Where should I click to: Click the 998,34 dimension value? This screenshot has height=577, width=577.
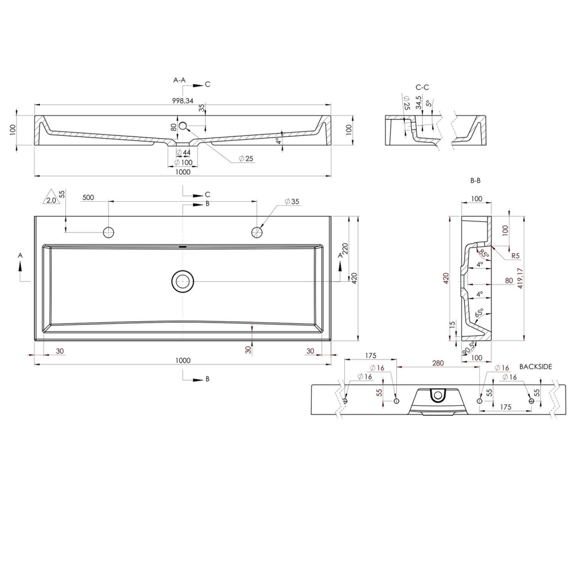183,100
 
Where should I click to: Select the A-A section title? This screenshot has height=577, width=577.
179,81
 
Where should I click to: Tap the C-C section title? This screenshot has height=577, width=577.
422,87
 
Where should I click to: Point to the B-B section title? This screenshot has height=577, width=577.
475,181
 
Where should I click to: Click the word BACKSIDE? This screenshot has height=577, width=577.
536,366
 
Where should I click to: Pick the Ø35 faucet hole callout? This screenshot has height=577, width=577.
291,201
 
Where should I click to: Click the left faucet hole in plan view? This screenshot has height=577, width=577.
109,232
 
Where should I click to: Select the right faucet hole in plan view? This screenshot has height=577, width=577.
257,232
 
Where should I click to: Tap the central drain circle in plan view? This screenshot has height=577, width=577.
183,281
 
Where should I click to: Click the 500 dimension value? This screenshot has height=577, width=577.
88,198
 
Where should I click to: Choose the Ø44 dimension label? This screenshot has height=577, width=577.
183,153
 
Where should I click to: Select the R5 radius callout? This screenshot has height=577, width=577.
515,256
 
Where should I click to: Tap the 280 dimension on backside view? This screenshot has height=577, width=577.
438,363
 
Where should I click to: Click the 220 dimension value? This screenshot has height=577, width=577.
345,249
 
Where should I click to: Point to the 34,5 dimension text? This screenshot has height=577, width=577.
418,103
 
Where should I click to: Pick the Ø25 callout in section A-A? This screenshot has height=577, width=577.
246,159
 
